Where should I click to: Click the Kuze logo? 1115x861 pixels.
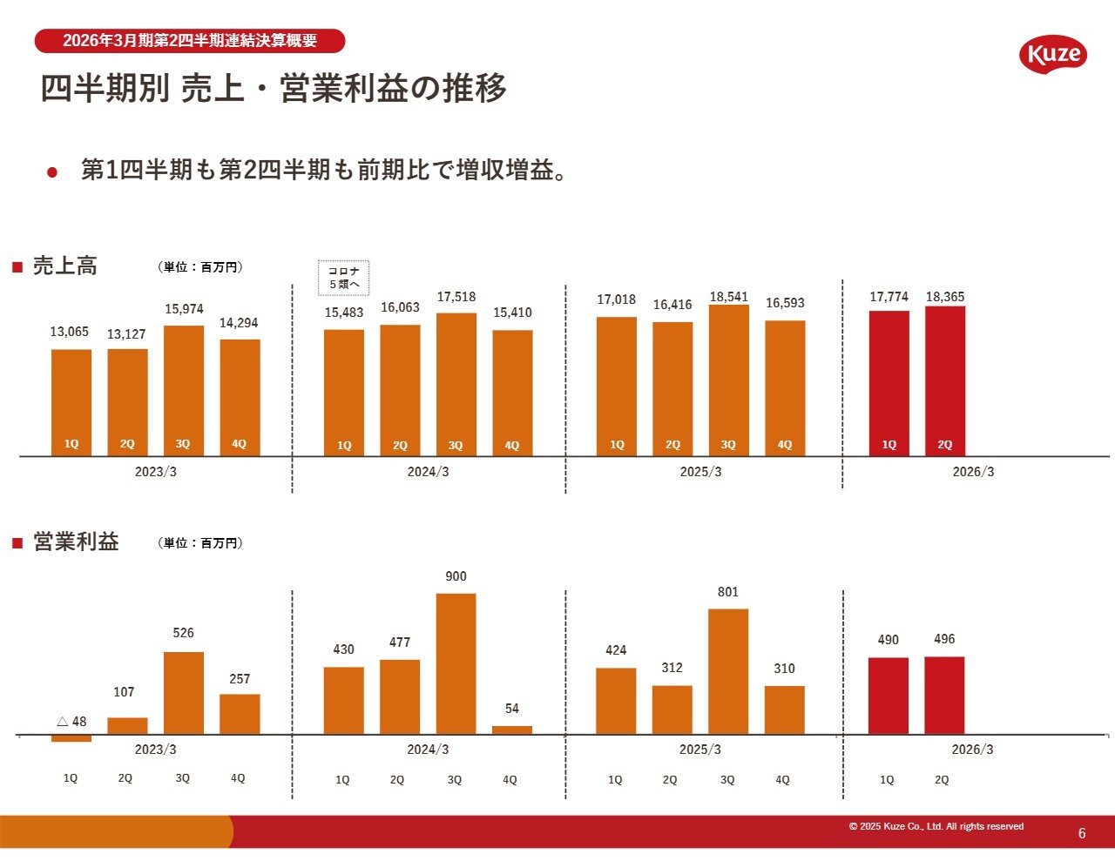(1053, 55)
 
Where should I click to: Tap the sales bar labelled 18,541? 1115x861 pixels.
(728, 380)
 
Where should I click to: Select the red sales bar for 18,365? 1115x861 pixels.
(945, 380)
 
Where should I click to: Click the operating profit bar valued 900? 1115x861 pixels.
(456, 663)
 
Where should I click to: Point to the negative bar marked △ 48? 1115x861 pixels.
(71, 738)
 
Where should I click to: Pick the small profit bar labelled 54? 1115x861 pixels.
(512, 730)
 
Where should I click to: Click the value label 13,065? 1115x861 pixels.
(70, 332)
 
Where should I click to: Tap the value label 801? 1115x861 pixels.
(728, 592)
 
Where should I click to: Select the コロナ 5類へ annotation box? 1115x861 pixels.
(344, 278)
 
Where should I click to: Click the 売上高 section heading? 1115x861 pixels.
(65, 266)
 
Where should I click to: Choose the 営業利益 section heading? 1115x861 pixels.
(76, 541)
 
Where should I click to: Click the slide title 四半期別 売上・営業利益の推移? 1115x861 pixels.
(274, 88)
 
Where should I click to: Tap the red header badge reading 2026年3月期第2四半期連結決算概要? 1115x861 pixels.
(190, 41)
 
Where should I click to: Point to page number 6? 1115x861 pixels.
(1082, 833)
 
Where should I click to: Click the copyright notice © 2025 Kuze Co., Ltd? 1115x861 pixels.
(936, 826)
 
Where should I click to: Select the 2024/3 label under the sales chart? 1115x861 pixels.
(428, 472)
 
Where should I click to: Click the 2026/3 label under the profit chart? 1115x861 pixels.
(972, 750)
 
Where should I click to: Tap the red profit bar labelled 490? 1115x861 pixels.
(889, 696)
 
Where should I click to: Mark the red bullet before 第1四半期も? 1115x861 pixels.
(52, 172)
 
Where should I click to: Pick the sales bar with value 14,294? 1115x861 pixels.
(240, 397)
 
